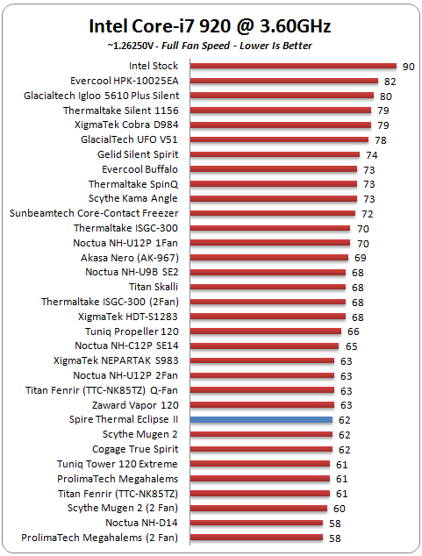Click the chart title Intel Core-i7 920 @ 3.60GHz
tap(210, 26)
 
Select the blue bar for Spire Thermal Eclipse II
tap(261, 420)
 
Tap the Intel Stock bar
tap(293, 66)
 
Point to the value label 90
tap(409, 67)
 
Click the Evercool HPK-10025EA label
tap(124, 81)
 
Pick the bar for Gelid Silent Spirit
tap(275, 154)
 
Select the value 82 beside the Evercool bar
tap(390, 82)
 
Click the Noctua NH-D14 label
tap(141, 523)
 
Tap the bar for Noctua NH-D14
tap(256, 523)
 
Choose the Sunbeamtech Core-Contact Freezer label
tap(94, 213)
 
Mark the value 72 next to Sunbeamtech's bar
tap(367, 214)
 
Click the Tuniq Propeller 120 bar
tap(266, 331)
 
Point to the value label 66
tap(354, 331)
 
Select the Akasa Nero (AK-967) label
tap(130, 258)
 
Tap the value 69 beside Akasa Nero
tap(361, 258)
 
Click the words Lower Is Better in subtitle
tap(275, 46)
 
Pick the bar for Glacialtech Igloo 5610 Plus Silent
tap(282, 96)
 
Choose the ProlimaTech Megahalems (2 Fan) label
tap(99, 538)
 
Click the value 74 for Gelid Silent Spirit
tap(372, 155)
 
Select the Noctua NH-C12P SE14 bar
tap(264, 346)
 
